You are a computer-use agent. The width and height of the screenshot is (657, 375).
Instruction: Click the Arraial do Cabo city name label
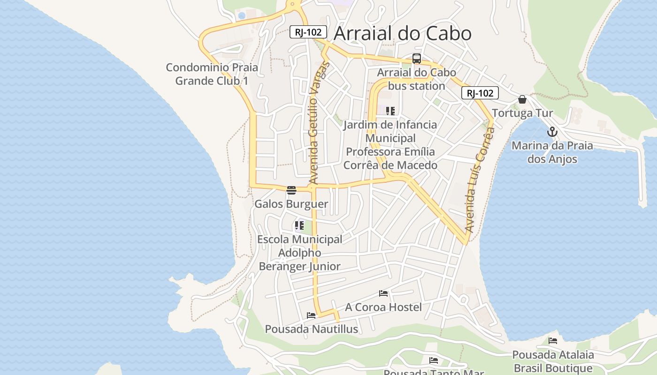[x=402, y=33]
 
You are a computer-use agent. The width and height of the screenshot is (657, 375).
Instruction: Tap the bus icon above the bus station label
[x=417, y=59]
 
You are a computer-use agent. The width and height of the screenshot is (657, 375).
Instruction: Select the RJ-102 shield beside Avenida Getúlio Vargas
[x=308, y=32]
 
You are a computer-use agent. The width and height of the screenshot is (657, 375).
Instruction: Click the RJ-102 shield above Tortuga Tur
[x=480, y=93]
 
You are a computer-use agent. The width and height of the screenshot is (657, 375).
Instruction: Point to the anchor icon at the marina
[x=552, y=132]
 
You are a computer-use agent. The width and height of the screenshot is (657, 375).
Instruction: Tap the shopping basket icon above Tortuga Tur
[x=522, y=99]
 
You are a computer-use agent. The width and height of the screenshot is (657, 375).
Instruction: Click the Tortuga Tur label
[x=522, y=113]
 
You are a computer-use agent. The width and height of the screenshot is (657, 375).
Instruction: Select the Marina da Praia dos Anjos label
[x=552, y=152]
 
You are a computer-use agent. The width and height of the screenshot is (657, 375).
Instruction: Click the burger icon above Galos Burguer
[x=291, y=190]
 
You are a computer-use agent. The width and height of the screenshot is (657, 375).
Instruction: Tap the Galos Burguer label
[x=291, y=204]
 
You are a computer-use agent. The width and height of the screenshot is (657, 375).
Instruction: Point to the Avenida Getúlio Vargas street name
[x=320, y=123]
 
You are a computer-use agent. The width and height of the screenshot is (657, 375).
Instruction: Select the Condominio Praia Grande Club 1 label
[x=212, y=74]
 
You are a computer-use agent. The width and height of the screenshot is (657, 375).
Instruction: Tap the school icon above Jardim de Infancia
[x=390, y=111]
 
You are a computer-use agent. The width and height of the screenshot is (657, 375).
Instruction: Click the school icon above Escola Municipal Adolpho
[x=299, y=225]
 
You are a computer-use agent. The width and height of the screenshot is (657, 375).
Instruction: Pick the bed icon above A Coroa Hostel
[x=383, y=293]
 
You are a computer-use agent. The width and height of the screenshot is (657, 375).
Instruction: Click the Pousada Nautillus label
[x=311, y=329]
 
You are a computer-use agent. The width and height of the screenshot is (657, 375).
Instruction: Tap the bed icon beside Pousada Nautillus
[x=311, y=315]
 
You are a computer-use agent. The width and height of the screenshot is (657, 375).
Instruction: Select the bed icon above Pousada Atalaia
[x=553, y=341]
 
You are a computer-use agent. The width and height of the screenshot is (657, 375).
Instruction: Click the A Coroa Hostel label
[x=383, y=307]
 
